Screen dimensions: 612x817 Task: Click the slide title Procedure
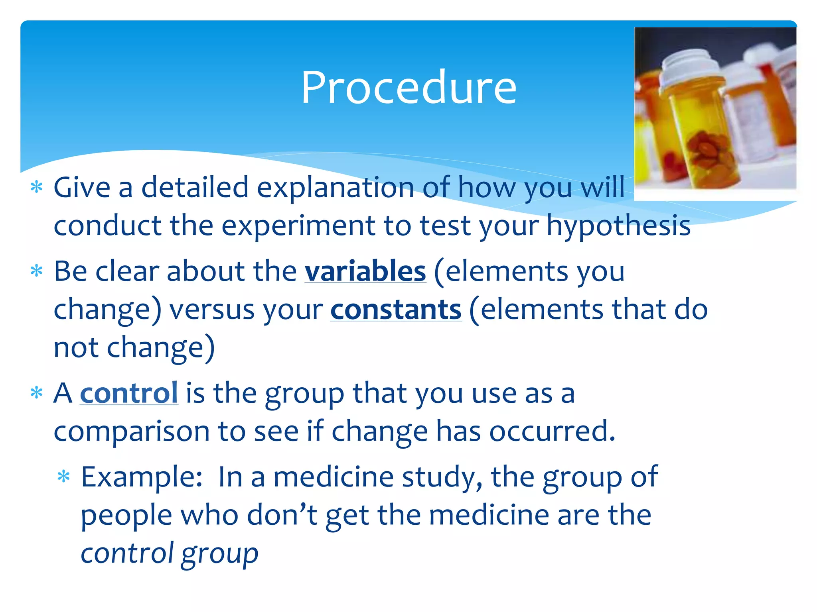408,88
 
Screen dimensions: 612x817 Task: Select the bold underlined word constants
396,310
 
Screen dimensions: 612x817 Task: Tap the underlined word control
129,394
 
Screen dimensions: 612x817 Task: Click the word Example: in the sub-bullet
142,477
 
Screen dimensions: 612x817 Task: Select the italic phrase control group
170,554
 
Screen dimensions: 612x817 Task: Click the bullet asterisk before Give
37,187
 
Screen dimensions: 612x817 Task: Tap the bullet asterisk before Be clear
37,271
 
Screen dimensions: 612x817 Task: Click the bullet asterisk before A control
37,393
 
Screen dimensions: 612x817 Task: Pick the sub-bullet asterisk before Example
64,477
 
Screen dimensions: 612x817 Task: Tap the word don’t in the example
282,515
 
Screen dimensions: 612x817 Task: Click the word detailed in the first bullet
195,187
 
